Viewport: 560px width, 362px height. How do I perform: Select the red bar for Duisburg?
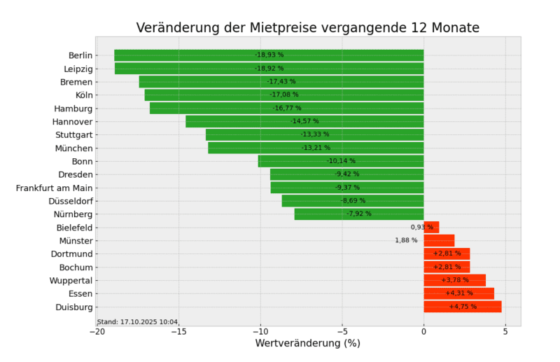pyautogui.click(x=462, y=307)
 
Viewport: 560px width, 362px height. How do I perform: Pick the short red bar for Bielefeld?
pyautogui.click(x=431, y=228)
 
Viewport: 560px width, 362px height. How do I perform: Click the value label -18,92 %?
pyautogui.click(x=269, y=69)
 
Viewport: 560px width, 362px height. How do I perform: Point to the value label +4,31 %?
pyautogui.click(x=459, y=293)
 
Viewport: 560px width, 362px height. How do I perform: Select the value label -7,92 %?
pyautogui.click(x=359, y=214)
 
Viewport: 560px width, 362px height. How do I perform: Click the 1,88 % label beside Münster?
pyautogui.click(x=406, y=241)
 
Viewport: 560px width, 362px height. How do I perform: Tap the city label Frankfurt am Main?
pyautogui.click(x=55, y=188)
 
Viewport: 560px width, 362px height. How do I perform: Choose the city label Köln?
pyautogui.click(x=84, y=95)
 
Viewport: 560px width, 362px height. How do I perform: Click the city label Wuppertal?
pyautogui.click(x=71, y=280)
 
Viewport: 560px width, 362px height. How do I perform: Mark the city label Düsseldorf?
pyautogui.click(x=71, y=201)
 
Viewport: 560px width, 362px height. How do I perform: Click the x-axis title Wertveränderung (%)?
pyautogui.click(x=307, y=344)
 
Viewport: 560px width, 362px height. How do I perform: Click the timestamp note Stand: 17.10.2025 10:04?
pyautogui.click(x=138, y=322)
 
